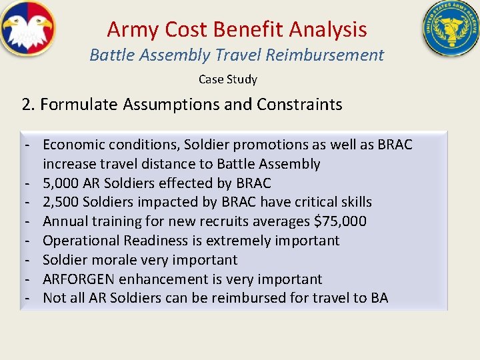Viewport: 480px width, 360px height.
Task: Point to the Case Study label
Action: (227, 79)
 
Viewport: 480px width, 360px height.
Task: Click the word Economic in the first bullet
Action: (72, 145)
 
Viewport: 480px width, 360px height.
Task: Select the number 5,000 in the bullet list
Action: (61, 183)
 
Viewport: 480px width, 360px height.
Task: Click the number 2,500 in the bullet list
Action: (61, 202)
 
